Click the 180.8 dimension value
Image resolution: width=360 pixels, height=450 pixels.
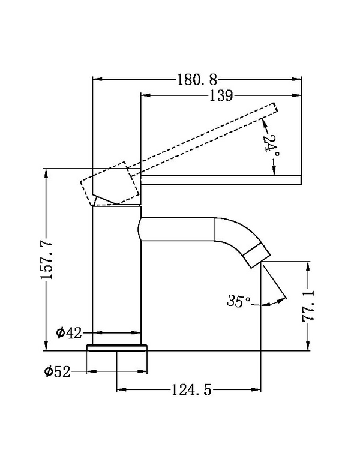pyautogui.click(x=196, y=79)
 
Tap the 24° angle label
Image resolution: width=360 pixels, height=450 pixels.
pyautogui.click(x=271, y=146)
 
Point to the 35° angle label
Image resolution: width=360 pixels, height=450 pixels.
pyautogui.click(x=238, y=301)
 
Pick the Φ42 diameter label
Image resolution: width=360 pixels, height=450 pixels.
pyautogui.click(x=68, y=332)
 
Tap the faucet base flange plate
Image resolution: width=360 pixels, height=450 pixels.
pyautogui.click(x=117, y=347)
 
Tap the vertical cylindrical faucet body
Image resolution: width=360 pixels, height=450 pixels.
pyautogui.click(x=116, y=270)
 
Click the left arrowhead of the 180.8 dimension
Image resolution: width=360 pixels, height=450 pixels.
pyautogui.click(x=95, y=79)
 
